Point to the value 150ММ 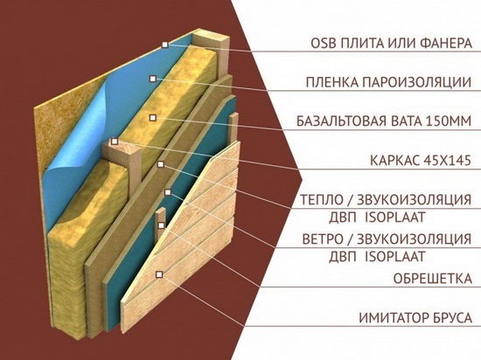pyautogui.click(x=449, y=121)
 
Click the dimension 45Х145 pyautogui.click(x=446, y=160)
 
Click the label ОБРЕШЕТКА pyautogui.click(x=433, y=278)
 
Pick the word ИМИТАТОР pyautogui.click(x=393, y=318)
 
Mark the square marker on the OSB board pyautogui.click(x=165, y=45)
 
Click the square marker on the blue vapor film pyautogui.click(x=152, y=79)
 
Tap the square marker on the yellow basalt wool pyautogui.click(x=152, y=118)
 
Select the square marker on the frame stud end pyautogui.click(x=115, y=142)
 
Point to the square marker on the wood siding pyautogui.click(x=159, y=274)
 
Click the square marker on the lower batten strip pyautogui.click(x=161, y=225)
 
